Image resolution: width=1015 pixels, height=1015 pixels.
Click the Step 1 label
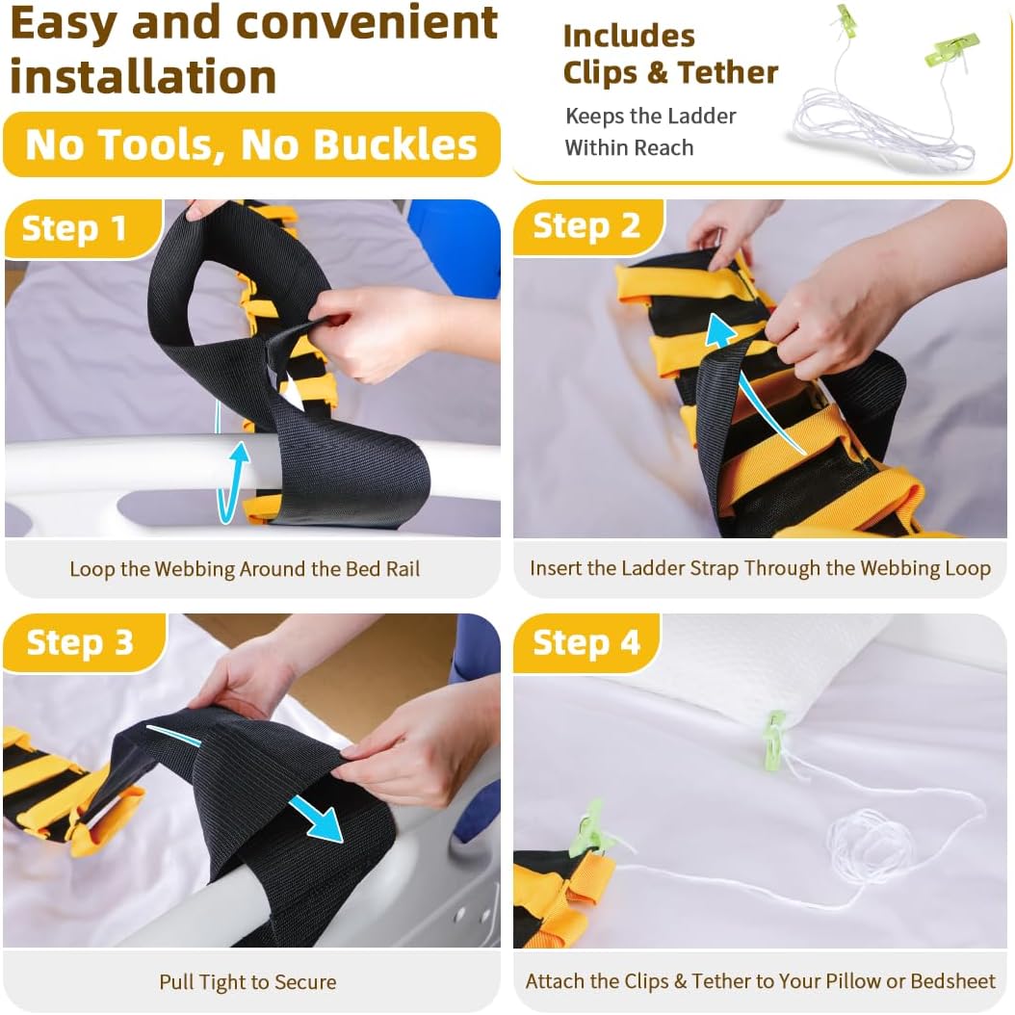point(74,228)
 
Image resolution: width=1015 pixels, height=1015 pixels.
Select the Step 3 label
point(79,642)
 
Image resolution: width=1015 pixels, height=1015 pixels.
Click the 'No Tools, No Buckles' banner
point(251,145)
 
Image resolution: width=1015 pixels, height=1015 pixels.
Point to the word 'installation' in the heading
point(143,77)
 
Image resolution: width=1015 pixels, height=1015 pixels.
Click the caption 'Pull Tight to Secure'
point(247,982)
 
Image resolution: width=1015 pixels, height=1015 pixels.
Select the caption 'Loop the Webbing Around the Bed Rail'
point(245,568)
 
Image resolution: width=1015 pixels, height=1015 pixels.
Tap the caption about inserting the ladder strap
point(760,568)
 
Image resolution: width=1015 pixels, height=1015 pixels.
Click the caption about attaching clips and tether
point(760,982)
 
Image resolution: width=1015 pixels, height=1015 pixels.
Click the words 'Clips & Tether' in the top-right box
point(670,72)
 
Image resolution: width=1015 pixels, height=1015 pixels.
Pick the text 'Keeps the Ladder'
point(650,117)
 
